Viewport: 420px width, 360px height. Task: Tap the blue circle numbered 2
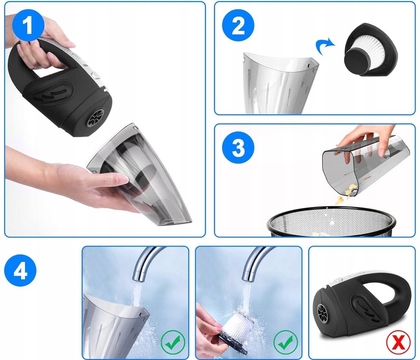point(238,26)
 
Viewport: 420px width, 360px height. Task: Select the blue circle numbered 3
point(238,148)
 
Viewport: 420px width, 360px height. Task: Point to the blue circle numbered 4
point(20,270)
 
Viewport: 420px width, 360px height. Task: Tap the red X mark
point(398,343)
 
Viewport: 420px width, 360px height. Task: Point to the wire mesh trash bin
point(331,221)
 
